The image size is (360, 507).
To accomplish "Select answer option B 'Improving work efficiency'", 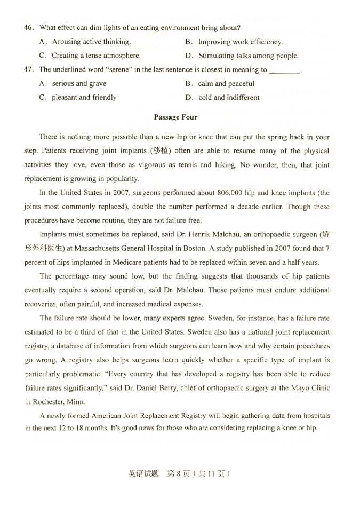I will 240,42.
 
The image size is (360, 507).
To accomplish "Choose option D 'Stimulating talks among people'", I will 248,56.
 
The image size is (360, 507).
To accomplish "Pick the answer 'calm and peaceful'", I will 226,83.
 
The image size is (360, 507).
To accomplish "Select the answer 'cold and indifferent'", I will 229,97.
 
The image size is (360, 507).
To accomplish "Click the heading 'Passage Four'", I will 175,117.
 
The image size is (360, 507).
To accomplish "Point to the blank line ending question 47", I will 285,70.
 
